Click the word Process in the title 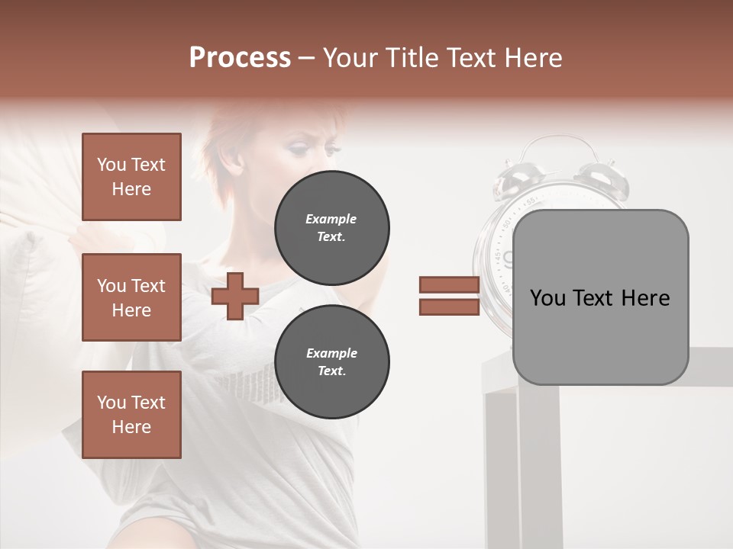pos(240,58)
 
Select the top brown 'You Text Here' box pos(131,177)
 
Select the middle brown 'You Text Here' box pos(131,297)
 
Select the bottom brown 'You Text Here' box pos(131,415)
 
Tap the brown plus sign pos(235,296)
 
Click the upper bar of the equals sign pos(449,285)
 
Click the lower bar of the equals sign pos(449,307)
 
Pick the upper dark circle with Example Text pos(331,228)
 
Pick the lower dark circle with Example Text pos(331,362)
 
